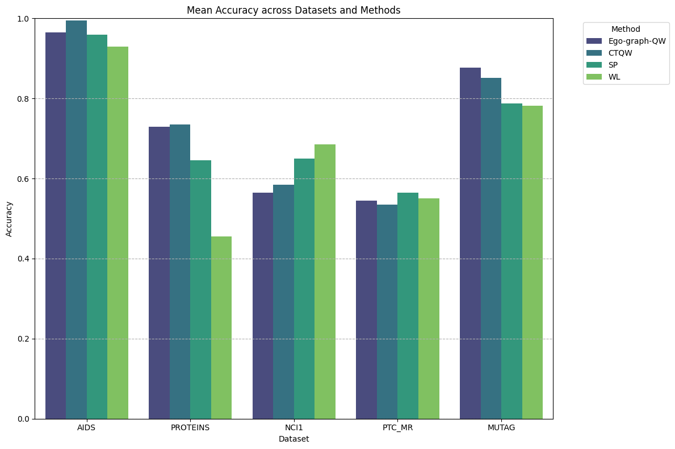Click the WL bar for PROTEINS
coord(221,327)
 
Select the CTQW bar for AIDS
coord(76,219)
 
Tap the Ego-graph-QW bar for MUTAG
coord(470,243)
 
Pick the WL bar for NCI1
coord(325,281)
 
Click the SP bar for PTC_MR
coord(408,306)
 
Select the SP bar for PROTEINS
coord(200,289)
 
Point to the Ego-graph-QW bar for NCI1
coord(263,306)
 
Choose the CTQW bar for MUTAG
coord(491,248)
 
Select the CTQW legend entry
coord(620,53)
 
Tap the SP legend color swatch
coord(594,65)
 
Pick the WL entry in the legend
coord(614,77)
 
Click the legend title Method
coord(626,29)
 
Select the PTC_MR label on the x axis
coord(397,428)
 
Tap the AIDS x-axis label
coord(86,428)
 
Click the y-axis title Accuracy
coord(9,219)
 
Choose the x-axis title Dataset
coord(294,439)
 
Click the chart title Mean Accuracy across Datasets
coord(294,10)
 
